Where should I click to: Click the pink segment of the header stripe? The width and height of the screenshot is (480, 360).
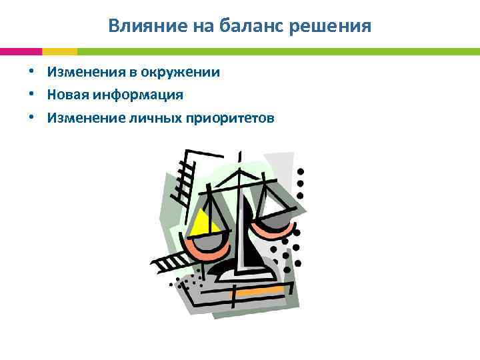pyautogui.click(x=21, y=51)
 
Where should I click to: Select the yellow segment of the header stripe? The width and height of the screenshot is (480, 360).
pyautogui.click(x=59, y=51)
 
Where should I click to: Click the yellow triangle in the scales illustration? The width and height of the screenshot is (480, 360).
pyautogui.click(x=199, y=224)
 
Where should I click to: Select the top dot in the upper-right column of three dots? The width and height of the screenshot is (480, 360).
pyautogui.click(x=300, y=171)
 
